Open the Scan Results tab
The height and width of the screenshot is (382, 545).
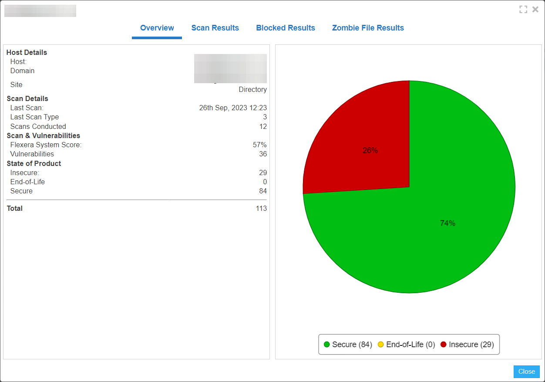215,28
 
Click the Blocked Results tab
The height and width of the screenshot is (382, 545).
286,28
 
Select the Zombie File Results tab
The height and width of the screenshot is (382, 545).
368,28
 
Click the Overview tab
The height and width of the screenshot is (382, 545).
157,28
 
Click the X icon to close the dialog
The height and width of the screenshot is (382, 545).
535,9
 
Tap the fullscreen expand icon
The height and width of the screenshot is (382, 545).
523,9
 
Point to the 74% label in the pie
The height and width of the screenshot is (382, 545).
447,223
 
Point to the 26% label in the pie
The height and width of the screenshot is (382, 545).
370,151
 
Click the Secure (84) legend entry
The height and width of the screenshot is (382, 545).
348,345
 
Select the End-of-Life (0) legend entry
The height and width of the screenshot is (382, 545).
406,345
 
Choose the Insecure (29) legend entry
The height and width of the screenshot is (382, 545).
467,345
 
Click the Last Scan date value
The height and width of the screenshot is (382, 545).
233,108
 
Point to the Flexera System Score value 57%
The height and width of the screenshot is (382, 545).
260,145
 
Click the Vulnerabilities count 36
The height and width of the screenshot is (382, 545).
263,154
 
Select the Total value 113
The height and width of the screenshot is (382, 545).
261,209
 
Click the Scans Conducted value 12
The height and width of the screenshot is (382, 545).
263,127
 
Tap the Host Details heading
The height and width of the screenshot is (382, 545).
27,53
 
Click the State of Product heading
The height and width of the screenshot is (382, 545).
34,164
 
